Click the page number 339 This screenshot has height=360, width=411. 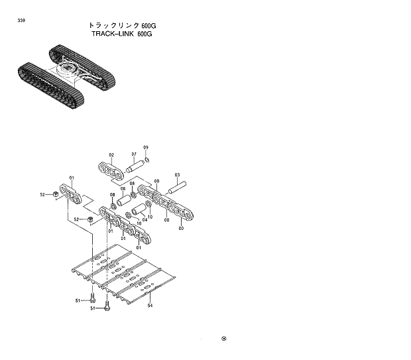point(23,21)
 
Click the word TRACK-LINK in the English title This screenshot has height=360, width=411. point(113,34)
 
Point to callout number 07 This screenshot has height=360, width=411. point(134,154)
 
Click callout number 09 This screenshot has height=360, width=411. point(146,147)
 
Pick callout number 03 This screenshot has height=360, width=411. point(177,175)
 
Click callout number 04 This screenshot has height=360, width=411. point(145,219)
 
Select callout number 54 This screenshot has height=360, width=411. point(150,306)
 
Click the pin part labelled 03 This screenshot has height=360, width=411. point(180,188)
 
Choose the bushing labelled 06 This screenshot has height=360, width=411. point(125,200)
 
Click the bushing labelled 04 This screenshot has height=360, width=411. point(139,211)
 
